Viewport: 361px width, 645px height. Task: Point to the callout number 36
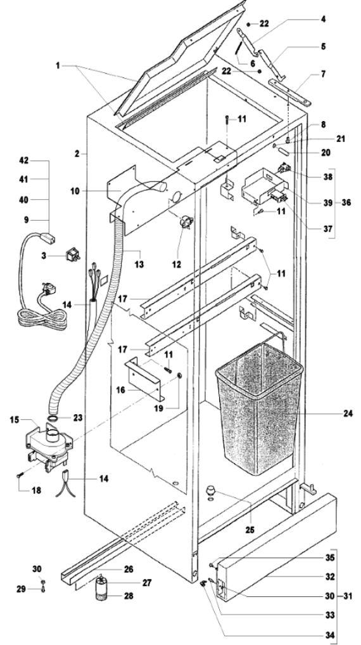[x=346, y=202]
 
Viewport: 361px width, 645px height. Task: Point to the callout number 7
[x=324, y=74]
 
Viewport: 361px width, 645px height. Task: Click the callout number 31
[x=346, y=596]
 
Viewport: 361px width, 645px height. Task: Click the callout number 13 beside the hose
[x=139, y=264]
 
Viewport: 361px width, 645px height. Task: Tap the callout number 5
[x=324, y=46]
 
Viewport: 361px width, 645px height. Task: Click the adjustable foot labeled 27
[x=101, y=583]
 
